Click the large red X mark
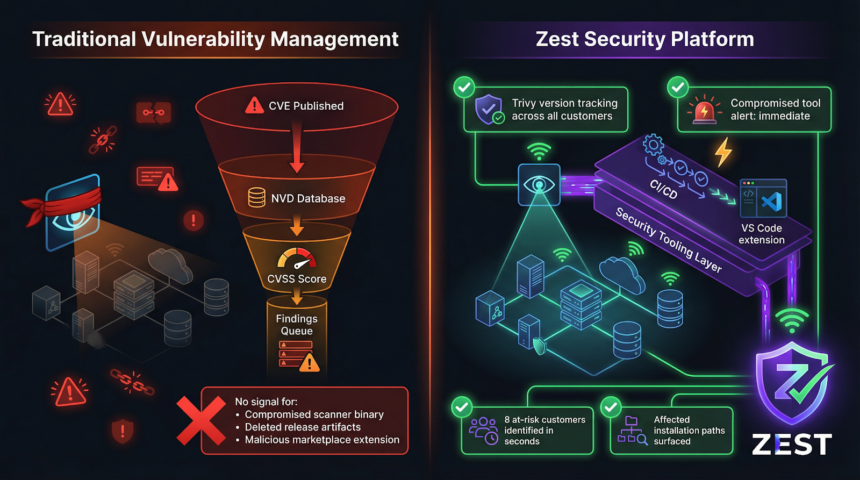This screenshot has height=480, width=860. click(201, 421)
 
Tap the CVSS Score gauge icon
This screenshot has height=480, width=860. click(297, 259)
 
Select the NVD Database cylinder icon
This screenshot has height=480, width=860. click(256, 198)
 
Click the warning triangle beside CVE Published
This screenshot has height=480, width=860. click(254, 105)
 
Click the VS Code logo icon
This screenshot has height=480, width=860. click(772, 202)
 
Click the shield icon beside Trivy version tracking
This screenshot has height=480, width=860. click(489, 110)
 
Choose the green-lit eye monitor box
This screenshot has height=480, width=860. click(539, 185)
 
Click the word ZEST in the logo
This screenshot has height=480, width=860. click(792, 445)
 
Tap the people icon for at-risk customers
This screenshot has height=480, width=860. click(483, 430)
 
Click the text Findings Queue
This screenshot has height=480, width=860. click(297, 325)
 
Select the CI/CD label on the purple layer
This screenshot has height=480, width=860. click(663, 189)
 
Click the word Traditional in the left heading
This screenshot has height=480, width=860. click(84, 39)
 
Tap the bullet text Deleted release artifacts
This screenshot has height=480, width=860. click(303, 427)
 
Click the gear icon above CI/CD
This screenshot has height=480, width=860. click(654, 144)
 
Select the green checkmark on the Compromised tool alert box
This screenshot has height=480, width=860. click(678, 87)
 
